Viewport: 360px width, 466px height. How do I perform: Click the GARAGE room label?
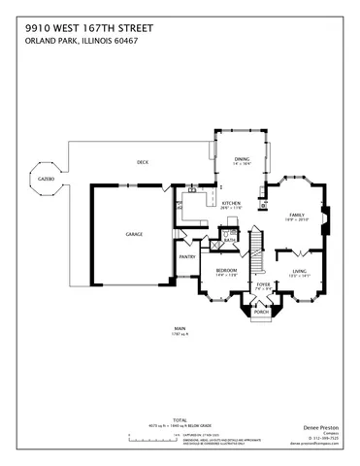tap(134, 235)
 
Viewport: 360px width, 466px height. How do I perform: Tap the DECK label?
tap(142, 162)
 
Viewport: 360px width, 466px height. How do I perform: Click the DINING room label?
tap(242, 158)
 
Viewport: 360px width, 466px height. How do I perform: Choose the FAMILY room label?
tap(296, 216)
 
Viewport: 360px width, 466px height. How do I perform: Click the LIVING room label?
tap(299, 272)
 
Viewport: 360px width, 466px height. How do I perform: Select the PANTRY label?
tap(187, 257)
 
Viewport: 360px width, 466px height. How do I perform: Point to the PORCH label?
tap(261, 313)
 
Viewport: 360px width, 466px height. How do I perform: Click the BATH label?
tap(230, 238)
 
